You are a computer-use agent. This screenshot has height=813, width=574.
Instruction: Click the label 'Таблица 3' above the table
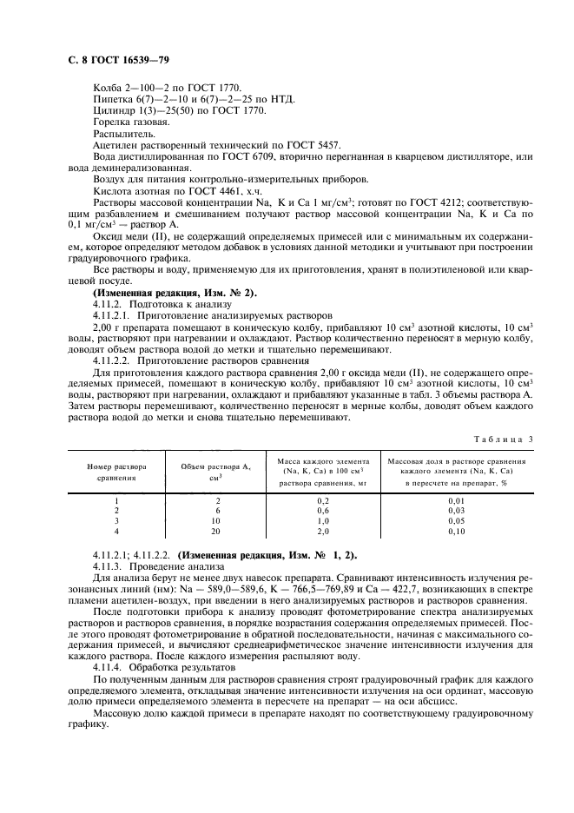(503, 440)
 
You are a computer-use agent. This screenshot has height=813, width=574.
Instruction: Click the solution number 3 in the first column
(116, 521)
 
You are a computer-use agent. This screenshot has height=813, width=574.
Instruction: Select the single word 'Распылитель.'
(119, 134)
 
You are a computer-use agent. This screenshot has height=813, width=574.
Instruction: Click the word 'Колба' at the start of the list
(106, 89)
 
